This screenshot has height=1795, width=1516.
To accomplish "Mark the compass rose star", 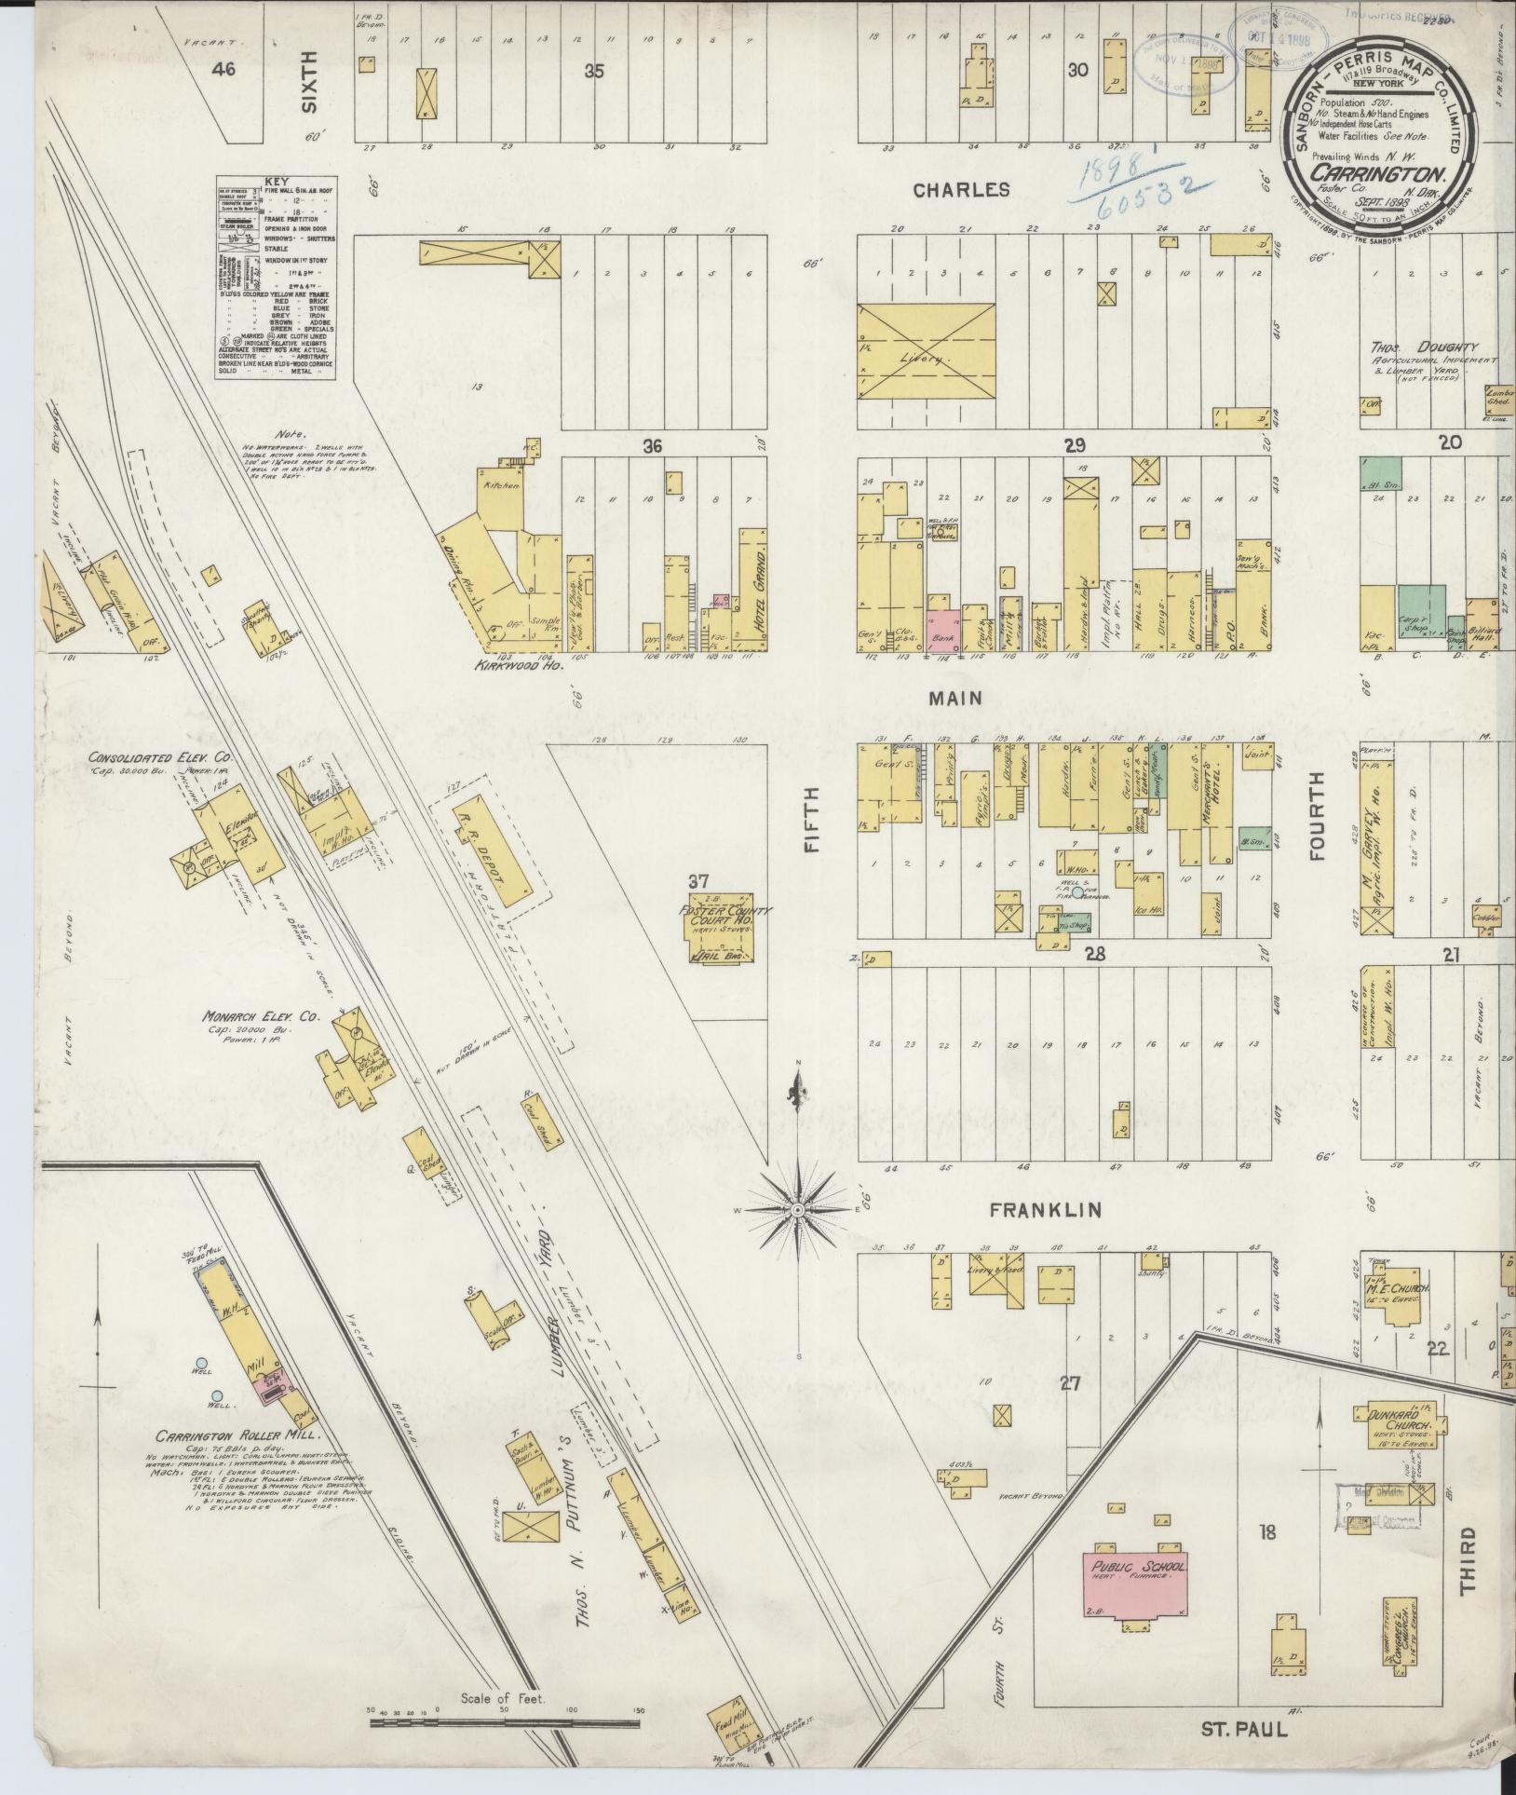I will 798,1209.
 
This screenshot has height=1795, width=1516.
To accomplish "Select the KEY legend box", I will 276,278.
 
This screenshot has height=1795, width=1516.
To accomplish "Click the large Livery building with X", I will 926,355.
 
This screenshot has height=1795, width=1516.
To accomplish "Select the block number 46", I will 223,69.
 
